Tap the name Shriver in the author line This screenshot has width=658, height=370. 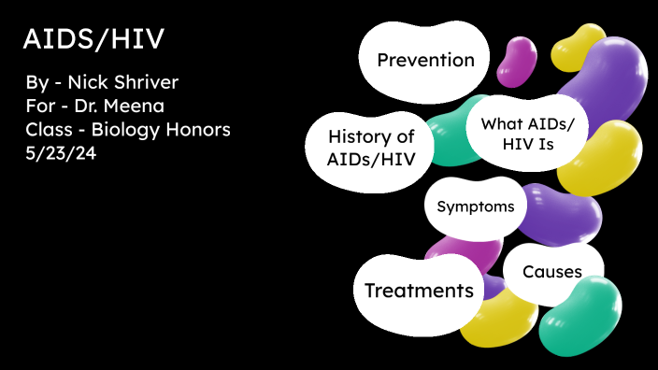pyautogui.click(x=145, y=83)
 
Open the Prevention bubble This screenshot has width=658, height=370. pyautogui.click(x=425, y=61)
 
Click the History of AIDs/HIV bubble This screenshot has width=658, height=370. pyautogui.click(x=370, y=148)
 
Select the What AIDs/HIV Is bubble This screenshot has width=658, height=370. pyautogui.click(x=526, y=134)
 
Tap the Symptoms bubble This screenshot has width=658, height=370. pyautogui.click(x=475, y=206)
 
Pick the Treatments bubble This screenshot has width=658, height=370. pyautogui.click(x=418, y=291)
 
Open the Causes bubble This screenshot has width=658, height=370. pyautogui.click(x=551, y=272)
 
